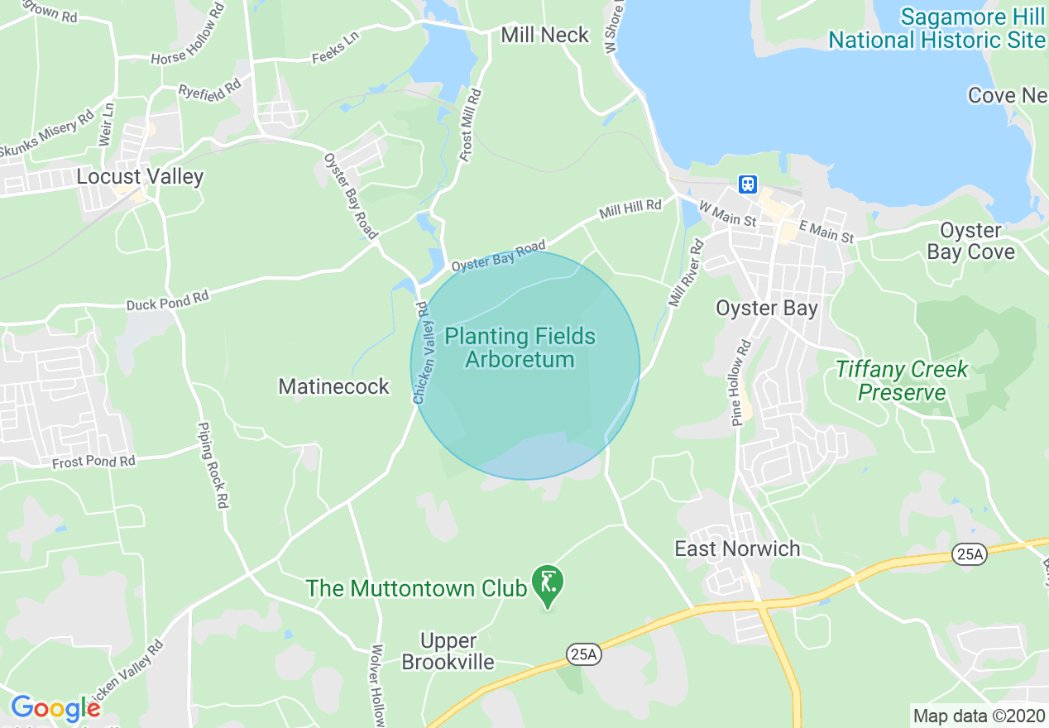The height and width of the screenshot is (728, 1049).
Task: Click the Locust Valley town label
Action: [140, 176]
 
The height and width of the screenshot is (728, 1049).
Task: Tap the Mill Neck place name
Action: [545, 35]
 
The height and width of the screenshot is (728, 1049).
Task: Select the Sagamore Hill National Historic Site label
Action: [936, 29]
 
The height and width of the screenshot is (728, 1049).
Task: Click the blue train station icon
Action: [748, 184]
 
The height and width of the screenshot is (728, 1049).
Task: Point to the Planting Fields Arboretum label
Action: [520, 347]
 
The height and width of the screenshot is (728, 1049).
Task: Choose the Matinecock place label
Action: [333, 386]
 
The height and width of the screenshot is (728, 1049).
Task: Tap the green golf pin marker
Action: [547, 584]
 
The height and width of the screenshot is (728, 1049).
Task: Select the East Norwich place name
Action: [737, 548]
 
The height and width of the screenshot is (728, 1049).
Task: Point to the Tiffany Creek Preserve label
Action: [901, 381]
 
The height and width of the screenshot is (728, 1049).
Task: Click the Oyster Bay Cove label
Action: [970, 241]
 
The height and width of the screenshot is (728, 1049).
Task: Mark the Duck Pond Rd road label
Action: [167, 301]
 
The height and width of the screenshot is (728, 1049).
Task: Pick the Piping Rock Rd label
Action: [212, 464]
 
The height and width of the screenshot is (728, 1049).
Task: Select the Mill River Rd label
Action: [686, 274]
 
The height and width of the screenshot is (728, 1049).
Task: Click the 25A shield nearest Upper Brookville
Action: [583, 654]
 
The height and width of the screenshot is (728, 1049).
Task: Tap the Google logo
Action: [55, 707]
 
